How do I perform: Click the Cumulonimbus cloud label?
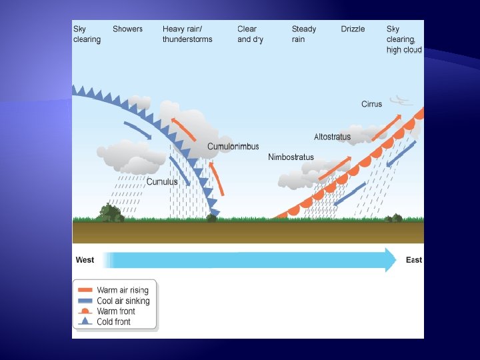tap(233, 147)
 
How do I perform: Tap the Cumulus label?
tap(162, 181)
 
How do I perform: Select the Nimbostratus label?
tap(291, 157)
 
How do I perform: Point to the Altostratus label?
tap(332, 137)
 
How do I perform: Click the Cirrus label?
tap(371, 104)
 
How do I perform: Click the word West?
tap(85, 260)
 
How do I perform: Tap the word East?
tap(414, 260)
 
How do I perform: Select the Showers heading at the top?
tap(127, 29)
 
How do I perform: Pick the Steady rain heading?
tap(304, 34)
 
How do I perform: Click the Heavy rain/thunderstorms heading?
tap(187, 34)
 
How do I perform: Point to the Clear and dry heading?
tap(250, 34)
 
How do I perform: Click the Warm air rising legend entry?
tap(122, 290)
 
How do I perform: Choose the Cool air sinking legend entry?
tap(123, 301)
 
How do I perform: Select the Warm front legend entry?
tap(115, 311)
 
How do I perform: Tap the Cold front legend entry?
tap(113, 322)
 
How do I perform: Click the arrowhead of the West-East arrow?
tap(390, 260)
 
